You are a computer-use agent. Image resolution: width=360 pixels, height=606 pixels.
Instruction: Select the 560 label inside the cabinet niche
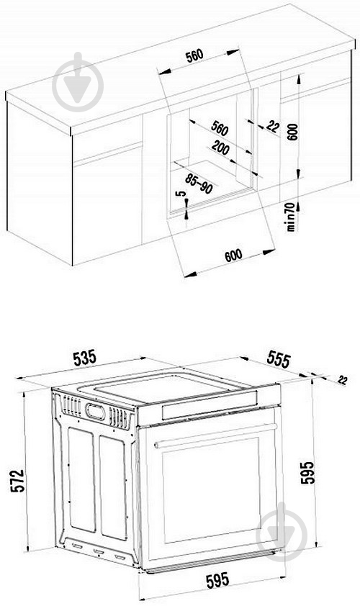[x=220, y=130]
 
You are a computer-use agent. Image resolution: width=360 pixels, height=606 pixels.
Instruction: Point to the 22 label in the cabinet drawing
[x=272, y=127]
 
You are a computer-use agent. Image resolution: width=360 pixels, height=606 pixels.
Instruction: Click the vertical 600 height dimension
[x=292, y=134]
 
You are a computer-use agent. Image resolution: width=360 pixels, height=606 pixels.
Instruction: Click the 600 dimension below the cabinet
[x=233, y=255]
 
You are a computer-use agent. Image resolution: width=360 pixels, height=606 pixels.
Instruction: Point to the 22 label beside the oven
[x=341, y=379]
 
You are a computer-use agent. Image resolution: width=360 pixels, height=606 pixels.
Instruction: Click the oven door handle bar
[x=216, y=436]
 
